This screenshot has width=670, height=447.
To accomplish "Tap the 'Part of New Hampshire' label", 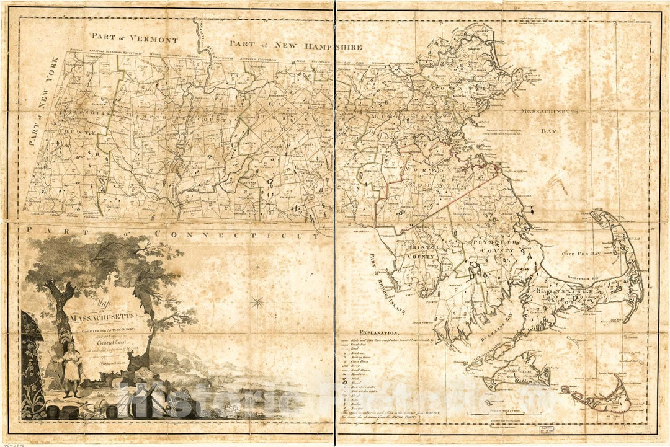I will (295, 45).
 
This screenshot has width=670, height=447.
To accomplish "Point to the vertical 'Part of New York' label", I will (44, 100).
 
